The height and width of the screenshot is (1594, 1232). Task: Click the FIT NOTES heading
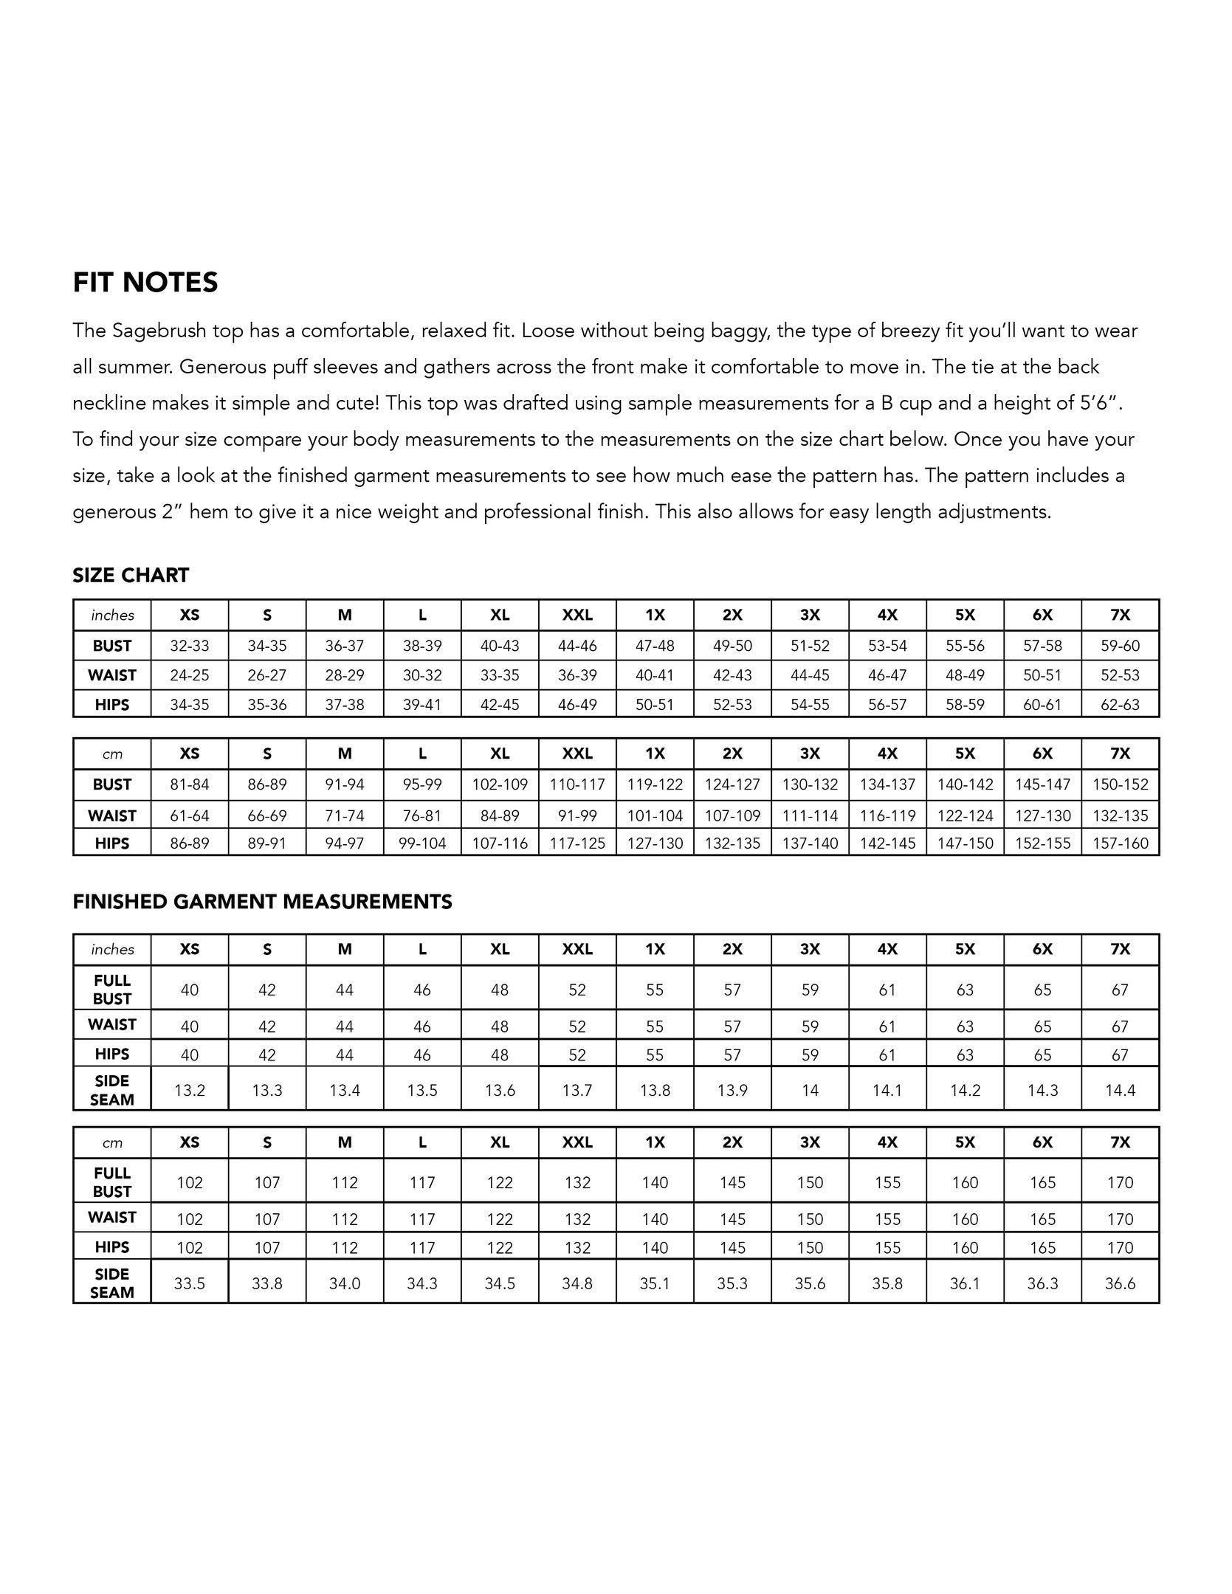[145, 283]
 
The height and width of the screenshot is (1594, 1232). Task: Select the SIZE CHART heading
[131, 576]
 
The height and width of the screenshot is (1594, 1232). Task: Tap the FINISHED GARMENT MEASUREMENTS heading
[262, 902]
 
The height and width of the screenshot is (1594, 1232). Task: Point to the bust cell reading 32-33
[190, 646]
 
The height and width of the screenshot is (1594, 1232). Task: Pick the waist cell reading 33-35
[500, 675]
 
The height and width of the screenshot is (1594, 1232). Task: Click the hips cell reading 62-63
[1120, 705]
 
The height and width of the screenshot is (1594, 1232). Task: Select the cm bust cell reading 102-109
[500, 784]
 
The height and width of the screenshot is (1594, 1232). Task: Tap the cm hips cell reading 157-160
[1120, 843]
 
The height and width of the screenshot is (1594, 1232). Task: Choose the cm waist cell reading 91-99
[577, 815]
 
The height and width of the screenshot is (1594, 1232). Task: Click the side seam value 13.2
[190, 1090]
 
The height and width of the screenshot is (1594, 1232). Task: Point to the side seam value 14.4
[1120, 1090]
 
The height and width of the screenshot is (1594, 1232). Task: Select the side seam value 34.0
[345, 1283]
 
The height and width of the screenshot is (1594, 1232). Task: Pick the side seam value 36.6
[1120, 1283]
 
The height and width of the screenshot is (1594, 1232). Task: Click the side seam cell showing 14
[810, 1090]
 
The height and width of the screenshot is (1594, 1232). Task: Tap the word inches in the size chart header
[112, 615]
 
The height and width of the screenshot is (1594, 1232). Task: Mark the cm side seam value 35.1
[655, 1283]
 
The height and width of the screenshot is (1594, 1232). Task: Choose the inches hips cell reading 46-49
[577, 705]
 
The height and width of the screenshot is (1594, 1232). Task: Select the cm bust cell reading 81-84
[190, 784]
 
